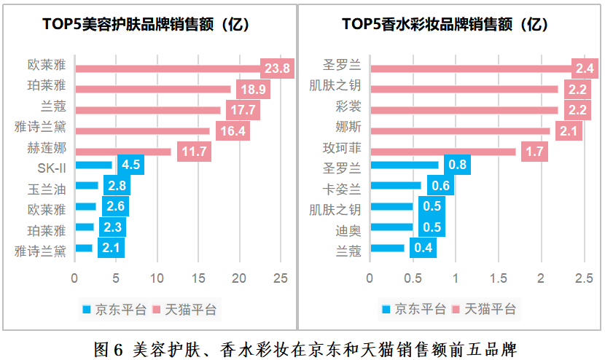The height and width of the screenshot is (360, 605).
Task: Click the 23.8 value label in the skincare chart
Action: point(277,69)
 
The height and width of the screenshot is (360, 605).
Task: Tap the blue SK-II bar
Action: point(94,165)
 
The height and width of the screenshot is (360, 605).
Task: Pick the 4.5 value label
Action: point(130,165)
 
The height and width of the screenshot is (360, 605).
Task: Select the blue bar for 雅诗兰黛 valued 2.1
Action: point(84,249)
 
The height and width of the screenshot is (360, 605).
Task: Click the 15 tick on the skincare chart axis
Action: point(198,278)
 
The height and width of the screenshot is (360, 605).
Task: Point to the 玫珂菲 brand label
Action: point(342,149)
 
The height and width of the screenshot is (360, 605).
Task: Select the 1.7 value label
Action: point(535,152)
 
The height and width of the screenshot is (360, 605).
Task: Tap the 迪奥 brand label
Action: point(348,230)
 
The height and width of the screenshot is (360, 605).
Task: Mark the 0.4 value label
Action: point(423,249)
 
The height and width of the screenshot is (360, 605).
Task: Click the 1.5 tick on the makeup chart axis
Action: point(499,278)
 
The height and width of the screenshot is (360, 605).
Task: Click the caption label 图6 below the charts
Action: point(109,348)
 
